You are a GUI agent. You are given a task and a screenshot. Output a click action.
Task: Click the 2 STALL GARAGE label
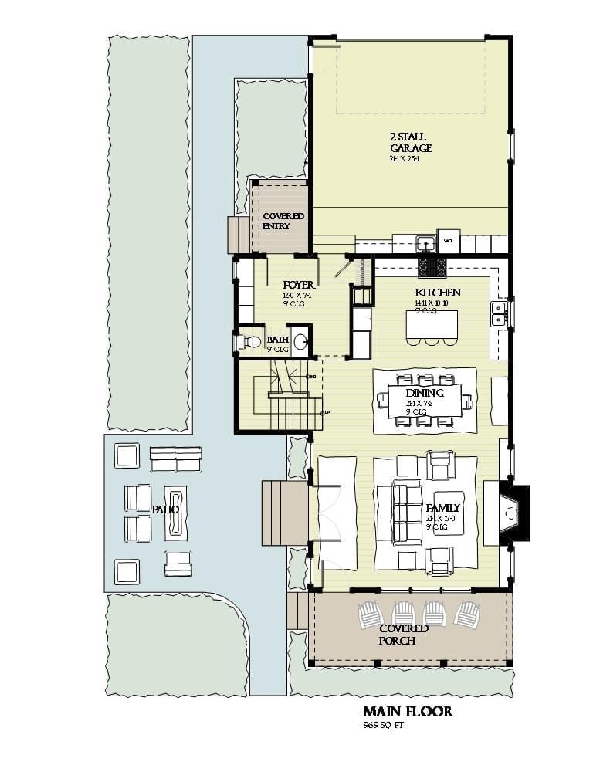410,143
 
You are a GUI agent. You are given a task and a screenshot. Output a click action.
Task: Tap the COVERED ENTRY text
283,221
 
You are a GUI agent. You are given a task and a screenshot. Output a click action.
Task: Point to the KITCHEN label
437,293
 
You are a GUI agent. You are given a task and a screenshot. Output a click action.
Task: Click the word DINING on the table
424,394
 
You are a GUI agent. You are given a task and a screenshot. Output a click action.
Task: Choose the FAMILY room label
442,508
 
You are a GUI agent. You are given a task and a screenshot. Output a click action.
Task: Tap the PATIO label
164,509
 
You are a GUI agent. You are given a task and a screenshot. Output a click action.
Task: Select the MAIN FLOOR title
408,711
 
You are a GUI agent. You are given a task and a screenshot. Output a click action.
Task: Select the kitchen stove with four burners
432,268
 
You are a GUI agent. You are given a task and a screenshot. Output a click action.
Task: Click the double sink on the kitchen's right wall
499,313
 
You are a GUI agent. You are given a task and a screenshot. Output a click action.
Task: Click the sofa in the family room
405,513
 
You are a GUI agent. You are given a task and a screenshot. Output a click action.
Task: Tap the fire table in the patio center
175,512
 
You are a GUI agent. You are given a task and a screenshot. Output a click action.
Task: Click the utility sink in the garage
425,243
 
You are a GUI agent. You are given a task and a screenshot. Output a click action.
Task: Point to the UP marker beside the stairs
327,412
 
